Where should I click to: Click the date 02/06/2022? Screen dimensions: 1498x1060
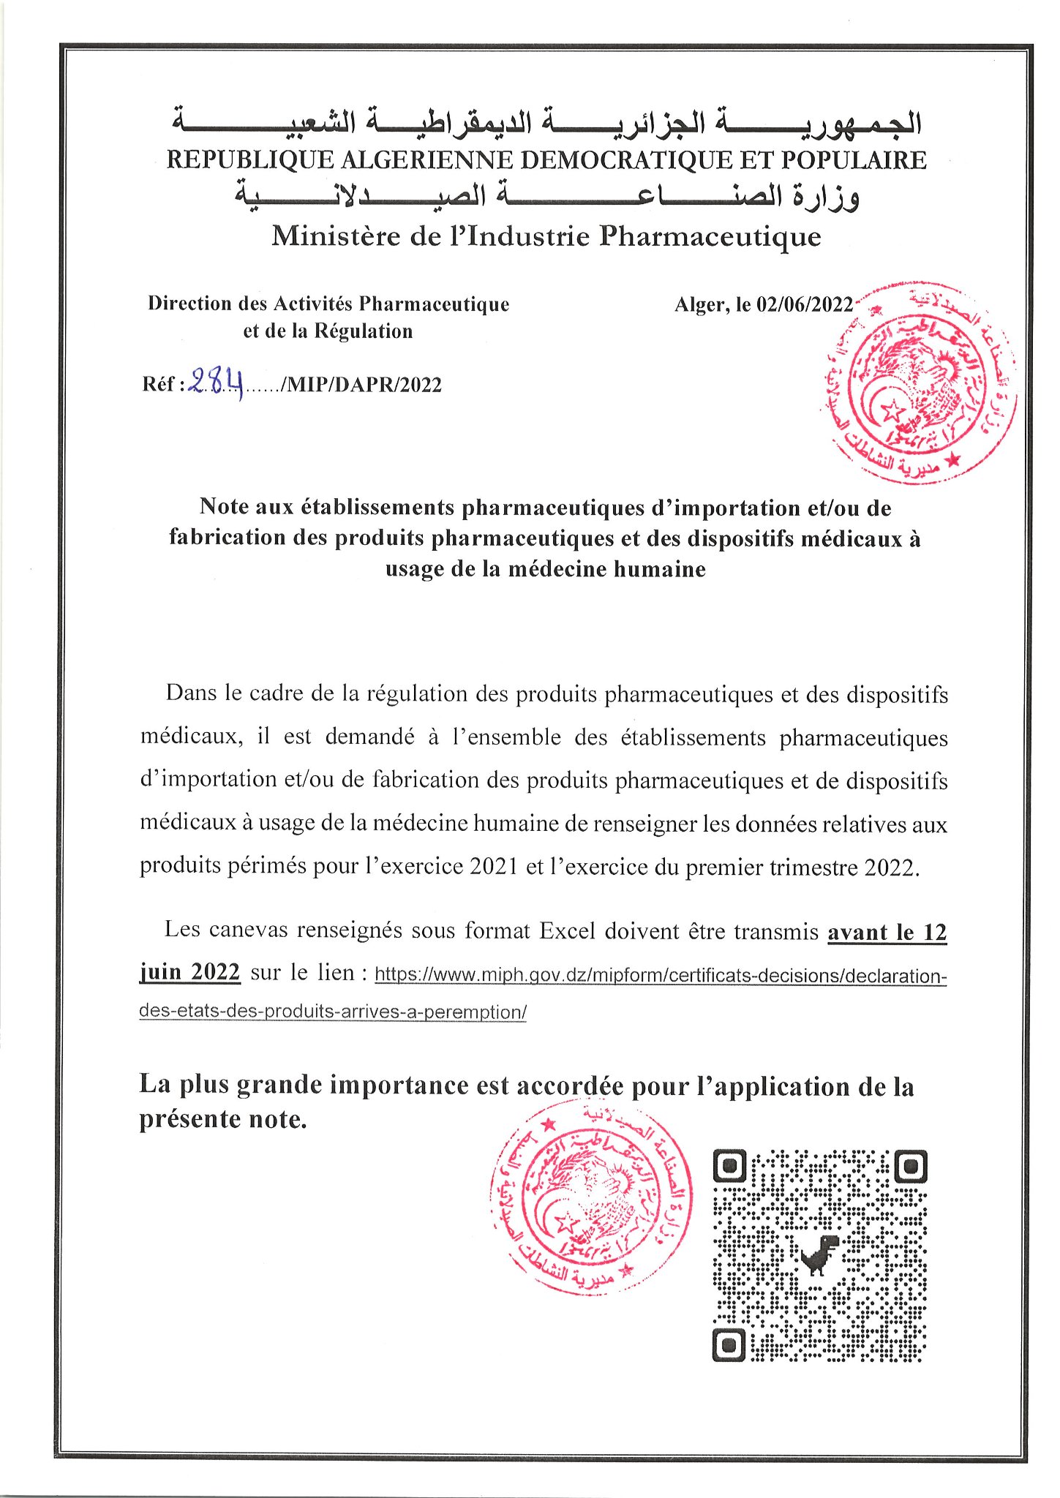[805, 304]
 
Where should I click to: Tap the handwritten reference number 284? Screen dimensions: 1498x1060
[217, 381]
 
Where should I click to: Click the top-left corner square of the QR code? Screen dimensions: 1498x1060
[729, 1166]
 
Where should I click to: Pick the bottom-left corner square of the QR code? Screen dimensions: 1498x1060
[729, 1344]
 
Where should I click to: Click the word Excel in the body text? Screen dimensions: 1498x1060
[568, 930]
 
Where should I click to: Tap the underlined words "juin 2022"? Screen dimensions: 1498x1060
[189, 971]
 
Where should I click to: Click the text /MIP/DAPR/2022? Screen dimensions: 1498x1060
[361, 385]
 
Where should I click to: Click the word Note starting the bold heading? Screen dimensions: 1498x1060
[225, 506]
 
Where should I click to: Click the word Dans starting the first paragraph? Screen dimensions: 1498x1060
[192, 692]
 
